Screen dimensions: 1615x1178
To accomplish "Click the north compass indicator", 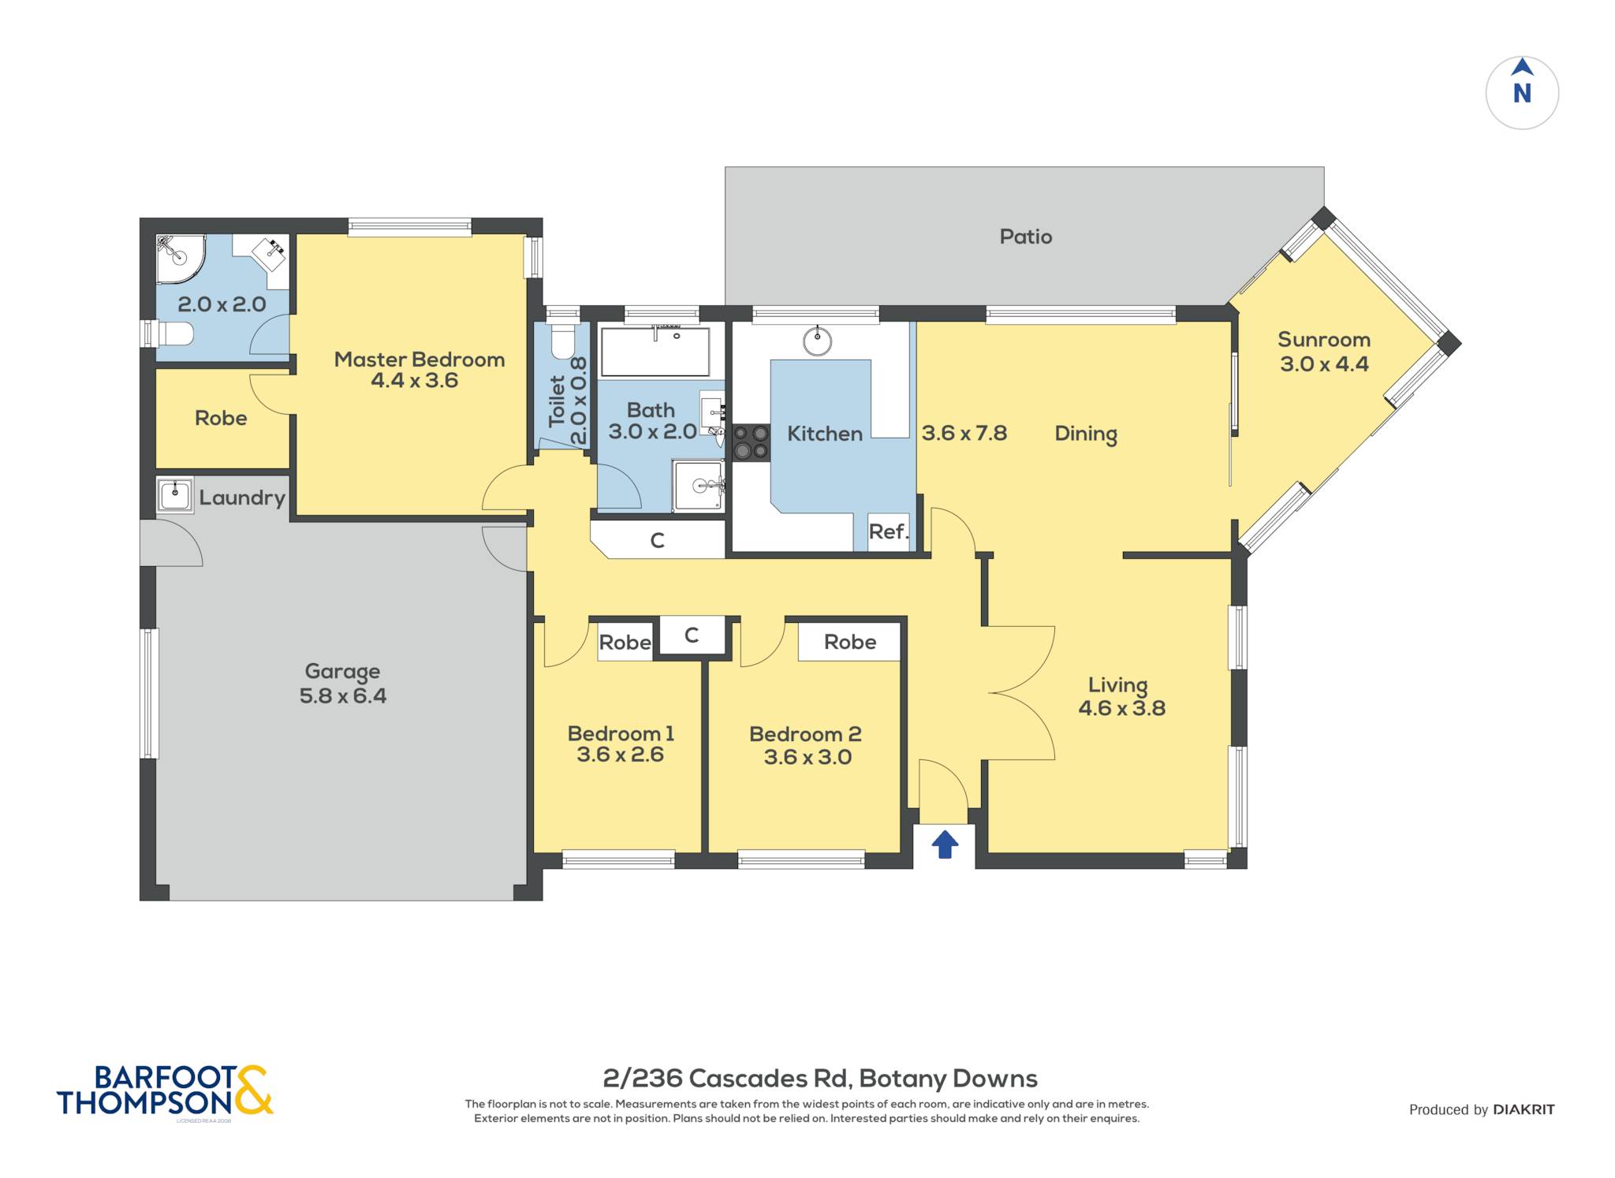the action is point(1522,92).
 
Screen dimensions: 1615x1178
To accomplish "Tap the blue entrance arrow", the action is point(945,844).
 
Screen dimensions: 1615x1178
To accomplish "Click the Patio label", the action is point(1025,237).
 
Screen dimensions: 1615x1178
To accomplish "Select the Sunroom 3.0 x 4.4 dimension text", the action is point(1324,364).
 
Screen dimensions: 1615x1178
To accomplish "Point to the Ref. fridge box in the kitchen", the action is point(889,531).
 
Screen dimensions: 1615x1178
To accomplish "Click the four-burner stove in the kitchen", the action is point(751,442).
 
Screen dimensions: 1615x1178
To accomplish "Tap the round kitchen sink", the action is point(817,341).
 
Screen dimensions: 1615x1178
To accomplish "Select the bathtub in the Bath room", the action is point(655,352).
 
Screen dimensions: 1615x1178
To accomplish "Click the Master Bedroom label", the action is point(420,360).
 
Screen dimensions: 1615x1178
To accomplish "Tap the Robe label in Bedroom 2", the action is point(850,642).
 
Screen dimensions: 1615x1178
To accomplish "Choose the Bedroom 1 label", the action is point(621,733).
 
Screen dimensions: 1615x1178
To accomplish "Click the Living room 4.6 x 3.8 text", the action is point(1121,708).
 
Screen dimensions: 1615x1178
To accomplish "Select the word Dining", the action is point(1086,434).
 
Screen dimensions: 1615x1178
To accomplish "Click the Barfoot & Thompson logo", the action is point(165,1090).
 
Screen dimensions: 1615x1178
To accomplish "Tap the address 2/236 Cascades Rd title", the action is point(820,1078).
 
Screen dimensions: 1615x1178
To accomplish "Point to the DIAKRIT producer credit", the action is point(1524,1109).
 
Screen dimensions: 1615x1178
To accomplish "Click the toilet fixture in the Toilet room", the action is point(563,341).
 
